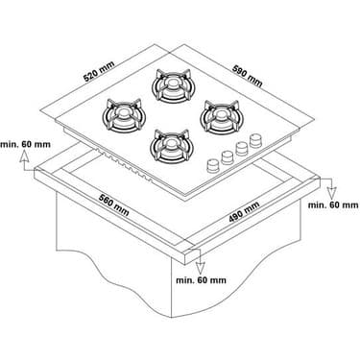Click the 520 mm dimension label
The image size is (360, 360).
tap(99, 72)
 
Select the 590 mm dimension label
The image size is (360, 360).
tap(247, 76)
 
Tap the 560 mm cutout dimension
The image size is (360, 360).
tap(114, 205)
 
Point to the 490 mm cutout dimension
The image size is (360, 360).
tap(244, 212)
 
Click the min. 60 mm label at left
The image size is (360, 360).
tap(25, 144)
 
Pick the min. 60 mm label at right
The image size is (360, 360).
tap(333, 204)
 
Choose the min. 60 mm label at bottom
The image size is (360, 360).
tap(201, 280)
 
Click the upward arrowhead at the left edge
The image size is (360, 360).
tap(23, 157)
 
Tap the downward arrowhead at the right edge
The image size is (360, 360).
tap(332, 193)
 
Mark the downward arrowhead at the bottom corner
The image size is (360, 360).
tap(201, 268)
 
